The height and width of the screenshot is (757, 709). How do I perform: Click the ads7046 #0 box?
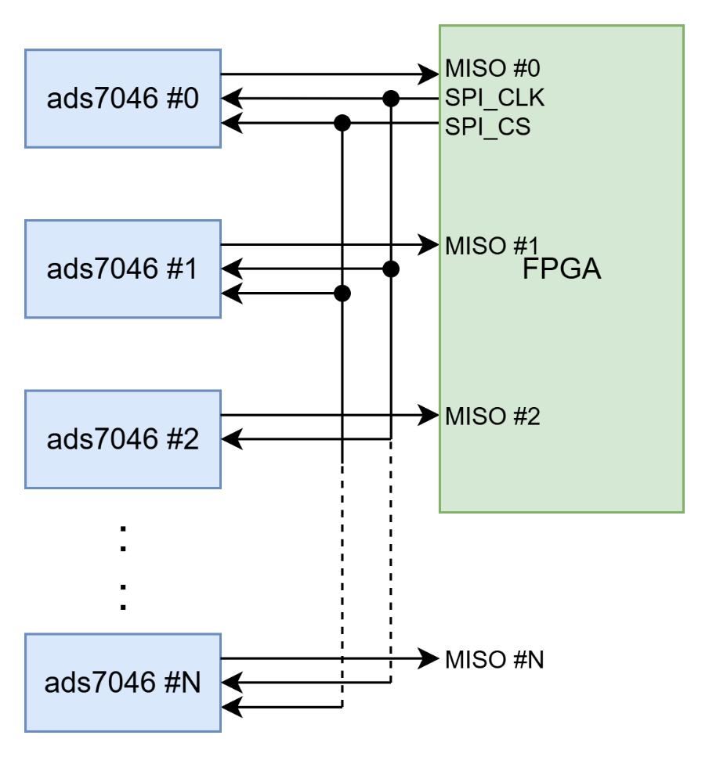(123, 99)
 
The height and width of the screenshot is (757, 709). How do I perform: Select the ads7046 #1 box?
(123, 269)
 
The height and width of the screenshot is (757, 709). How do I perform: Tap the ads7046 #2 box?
(123, 438)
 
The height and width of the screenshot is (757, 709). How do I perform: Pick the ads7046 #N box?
(123, 683)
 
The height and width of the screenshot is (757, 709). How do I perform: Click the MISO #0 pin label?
(492, 69)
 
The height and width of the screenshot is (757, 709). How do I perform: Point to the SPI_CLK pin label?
(494, 98)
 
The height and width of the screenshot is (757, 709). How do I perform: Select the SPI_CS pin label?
(487, 127)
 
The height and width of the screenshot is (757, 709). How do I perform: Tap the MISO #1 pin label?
(492, 246)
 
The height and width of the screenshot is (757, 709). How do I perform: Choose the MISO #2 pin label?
(492, 416)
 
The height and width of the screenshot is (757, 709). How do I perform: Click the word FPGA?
(562, 270)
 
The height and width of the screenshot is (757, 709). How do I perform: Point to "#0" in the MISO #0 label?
(526, 69)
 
